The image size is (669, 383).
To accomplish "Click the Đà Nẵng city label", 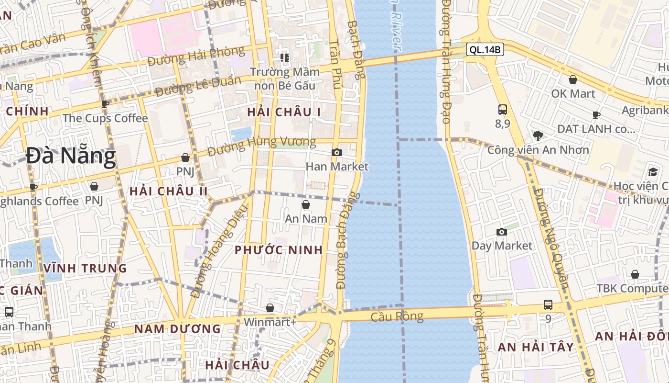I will (x=71, y=157).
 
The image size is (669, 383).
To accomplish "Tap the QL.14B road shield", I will (x=485, y=49).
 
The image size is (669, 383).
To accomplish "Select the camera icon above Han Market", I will (x=337, y=152).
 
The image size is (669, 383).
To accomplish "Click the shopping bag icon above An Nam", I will (x=306, y=204).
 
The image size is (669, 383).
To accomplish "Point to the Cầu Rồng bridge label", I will (x=397, y=316).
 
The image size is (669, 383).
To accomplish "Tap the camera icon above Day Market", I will (x=501, y=232).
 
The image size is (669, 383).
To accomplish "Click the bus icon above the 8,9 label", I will (x=502, y=109).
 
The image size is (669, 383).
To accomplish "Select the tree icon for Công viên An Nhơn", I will (x=538, y=135).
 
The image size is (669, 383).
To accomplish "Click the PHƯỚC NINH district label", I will (x=279, y=250).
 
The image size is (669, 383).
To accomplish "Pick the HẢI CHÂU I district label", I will (x=284, y=112).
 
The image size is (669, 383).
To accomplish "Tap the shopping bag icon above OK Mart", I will (x=572, y=79).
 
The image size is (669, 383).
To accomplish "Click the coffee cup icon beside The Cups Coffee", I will (x=105, y=104).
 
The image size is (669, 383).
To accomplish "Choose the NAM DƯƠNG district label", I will (x=177, y=329).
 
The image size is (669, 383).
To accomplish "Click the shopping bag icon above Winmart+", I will (x=270, y=307).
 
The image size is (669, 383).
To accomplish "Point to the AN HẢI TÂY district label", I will (x=536, y=347).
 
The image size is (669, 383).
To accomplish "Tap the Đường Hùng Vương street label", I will (x=262, y=146).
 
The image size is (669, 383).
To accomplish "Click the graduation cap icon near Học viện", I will (x=653, y=172).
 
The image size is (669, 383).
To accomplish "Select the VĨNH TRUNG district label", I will (x=85, y=268).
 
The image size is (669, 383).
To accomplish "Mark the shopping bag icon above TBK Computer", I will (x=635, y=274).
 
